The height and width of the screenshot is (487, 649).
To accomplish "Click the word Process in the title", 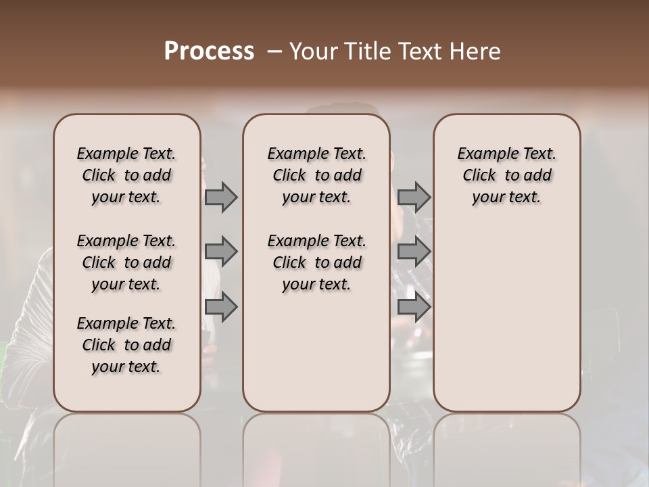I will tap(208, 51).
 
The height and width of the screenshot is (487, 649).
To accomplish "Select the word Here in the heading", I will tap(474, 51).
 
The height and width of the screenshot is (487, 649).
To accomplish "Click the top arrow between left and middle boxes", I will tap(220, 197).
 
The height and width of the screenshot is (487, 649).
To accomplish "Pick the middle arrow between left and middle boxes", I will tap(220, 252).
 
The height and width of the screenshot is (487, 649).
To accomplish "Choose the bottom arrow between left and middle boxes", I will tap(220, 307).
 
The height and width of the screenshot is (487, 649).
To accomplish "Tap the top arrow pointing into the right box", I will tap(414, 197).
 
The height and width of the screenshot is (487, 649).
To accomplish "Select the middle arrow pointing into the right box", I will tap(414, 252).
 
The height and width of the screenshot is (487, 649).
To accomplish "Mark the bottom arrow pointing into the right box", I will tap(414, 307).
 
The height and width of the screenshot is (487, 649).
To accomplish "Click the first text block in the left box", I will tap(126, 175).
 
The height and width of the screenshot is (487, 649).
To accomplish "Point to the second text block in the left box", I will tap(126, 262).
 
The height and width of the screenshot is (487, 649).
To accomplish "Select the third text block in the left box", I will tap(126, 345).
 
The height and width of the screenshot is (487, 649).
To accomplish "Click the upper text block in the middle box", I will tap(316, 175).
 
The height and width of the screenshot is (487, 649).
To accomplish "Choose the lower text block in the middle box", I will tap(316, 262).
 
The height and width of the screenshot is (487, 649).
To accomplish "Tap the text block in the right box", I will tap(507, 175).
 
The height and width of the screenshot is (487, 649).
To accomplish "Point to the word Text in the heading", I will tap(420, 51).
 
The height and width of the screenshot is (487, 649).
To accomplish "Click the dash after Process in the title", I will tap(274, 51).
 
